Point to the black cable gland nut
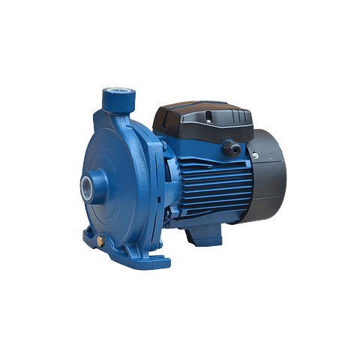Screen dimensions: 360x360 (x=234, y=148)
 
